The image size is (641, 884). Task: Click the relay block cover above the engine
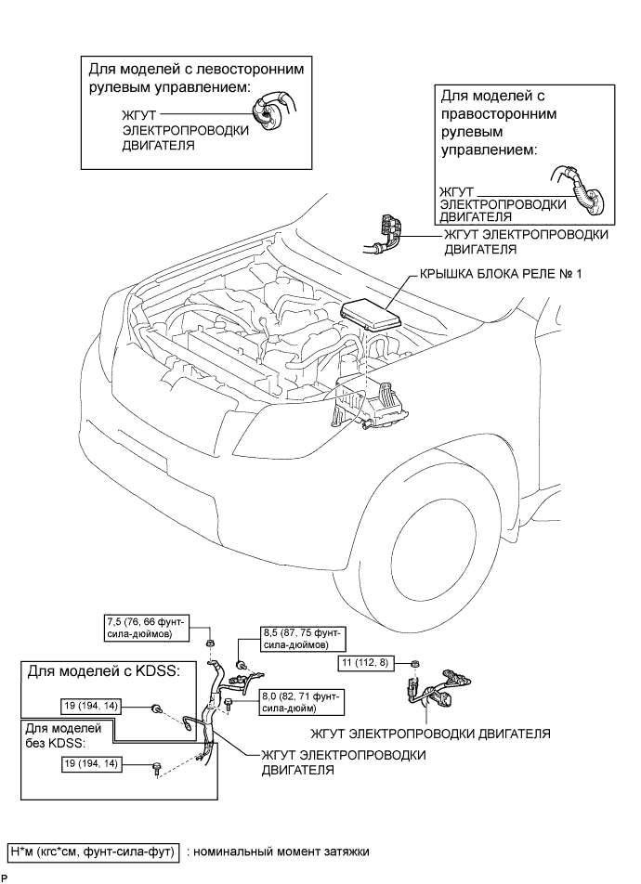click(x=369, y=315)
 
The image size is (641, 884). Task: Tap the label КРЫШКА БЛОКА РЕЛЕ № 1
click(x=500, y=274)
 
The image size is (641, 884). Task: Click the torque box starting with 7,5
click(x=147, y=628)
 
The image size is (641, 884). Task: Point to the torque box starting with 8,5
click(x=303, y=639)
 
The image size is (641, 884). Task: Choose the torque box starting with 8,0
click(x=302, y=702)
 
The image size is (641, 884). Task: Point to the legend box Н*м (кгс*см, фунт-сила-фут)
click(x=94, y=851)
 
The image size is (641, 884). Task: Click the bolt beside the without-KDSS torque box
click(x=155, y=769)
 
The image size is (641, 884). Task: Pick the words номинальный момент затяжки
click(x=281, y=851)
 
